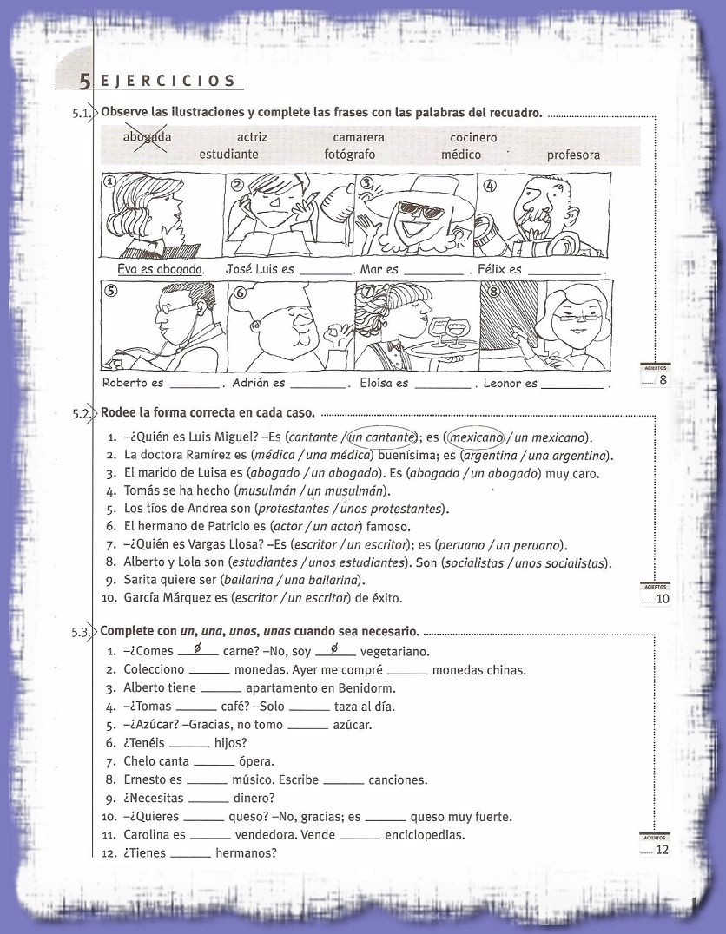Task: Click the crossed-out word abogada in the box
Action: pos(147,137)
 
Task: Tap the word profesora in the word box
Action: pos(573,155)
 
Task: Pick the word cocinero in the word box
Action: pos(473,137)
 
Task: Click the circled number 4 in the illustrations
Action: pos(490,185)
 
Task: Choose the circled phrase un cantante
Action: pos(381,437)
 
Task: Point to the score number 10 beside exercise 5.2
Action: pos(662,598)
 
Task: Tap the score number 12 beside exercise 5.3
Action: pos(662,850)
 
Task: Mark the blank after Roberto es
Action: pos(195,383)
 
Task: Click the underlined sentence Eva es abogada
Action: pos(161,269)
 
